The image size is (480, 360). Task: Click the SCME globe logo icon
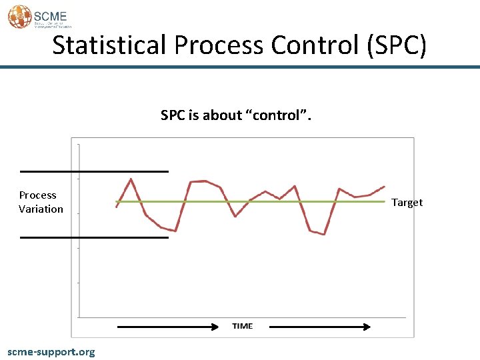click(19, 16)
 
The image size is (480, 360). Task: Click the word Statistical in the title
click(109, 45)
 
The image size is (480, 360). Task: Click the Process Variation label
click(41, 202)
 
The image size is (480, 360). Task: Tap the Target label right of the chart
click(407, 203)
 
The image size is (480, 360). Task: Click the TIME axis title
click(243, 326)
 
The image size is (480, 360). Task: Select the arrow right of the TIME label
click(320, 327)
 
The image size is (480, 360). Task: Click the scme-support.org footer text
click(51, 351)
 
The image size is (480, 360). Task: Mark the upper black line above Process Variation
click(94, 171)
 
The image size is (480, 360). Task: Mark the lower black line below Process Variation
click(94, 237)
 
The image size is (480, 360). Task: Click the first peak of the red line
click(131, 179)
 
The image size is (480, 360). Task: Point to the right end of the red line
click(384, 187)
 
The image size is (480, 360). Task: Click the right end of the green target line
click(385, 201)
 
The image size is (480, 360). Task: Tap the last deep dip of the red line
click(324, 234)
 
